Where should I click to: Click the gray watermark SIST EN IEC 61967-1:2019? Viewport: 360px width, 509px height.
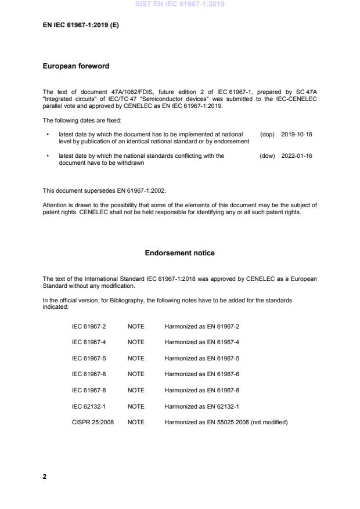click(179, 4)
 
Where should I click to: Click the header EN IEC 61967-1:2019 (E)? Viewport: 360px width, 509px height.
click(81, 26)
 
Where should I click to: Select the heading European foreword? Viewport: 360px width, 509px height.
click(75, 66)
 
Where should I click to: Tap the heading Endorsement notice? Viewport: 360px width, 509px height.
click(179, 253)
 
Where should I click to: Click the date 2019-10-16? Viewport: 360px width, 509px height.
click(296, 134)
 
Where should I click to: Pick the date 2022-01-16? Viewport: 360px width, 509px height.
click(296, 156)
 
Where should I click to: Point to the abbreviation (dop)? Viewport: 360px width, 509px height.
click(267, 134)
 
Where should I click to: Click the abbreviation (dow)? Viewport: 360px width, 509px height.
click(267, 156)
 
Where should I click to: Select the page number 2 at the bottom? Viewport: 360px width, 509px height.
click(45, 476)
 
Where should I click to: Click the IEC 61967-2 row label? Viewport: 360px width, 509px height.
click(88, 326)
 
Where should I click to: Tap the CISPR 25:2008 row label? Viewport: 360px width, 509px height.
click(92, 422)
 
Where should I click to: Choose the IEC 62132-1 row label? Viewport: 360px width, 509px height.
click(88, 406)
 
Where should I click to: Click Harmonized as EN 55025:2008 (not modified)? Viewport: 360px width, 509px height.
click(226, 422)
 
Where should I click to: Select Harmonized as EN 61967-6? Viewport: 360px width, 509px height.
click(201, 374)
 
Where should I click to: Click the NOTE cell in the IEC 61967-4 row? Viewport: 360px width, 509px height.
click(136, 342)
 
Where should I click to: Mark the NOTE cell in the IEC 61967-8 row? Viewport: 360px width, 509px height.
click(136, 390)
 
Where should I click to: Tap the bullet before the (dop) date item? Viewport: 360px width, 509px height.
click(48, 134)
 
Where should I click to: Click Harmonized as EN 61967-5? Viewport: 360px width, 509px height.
click(201, 358)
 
